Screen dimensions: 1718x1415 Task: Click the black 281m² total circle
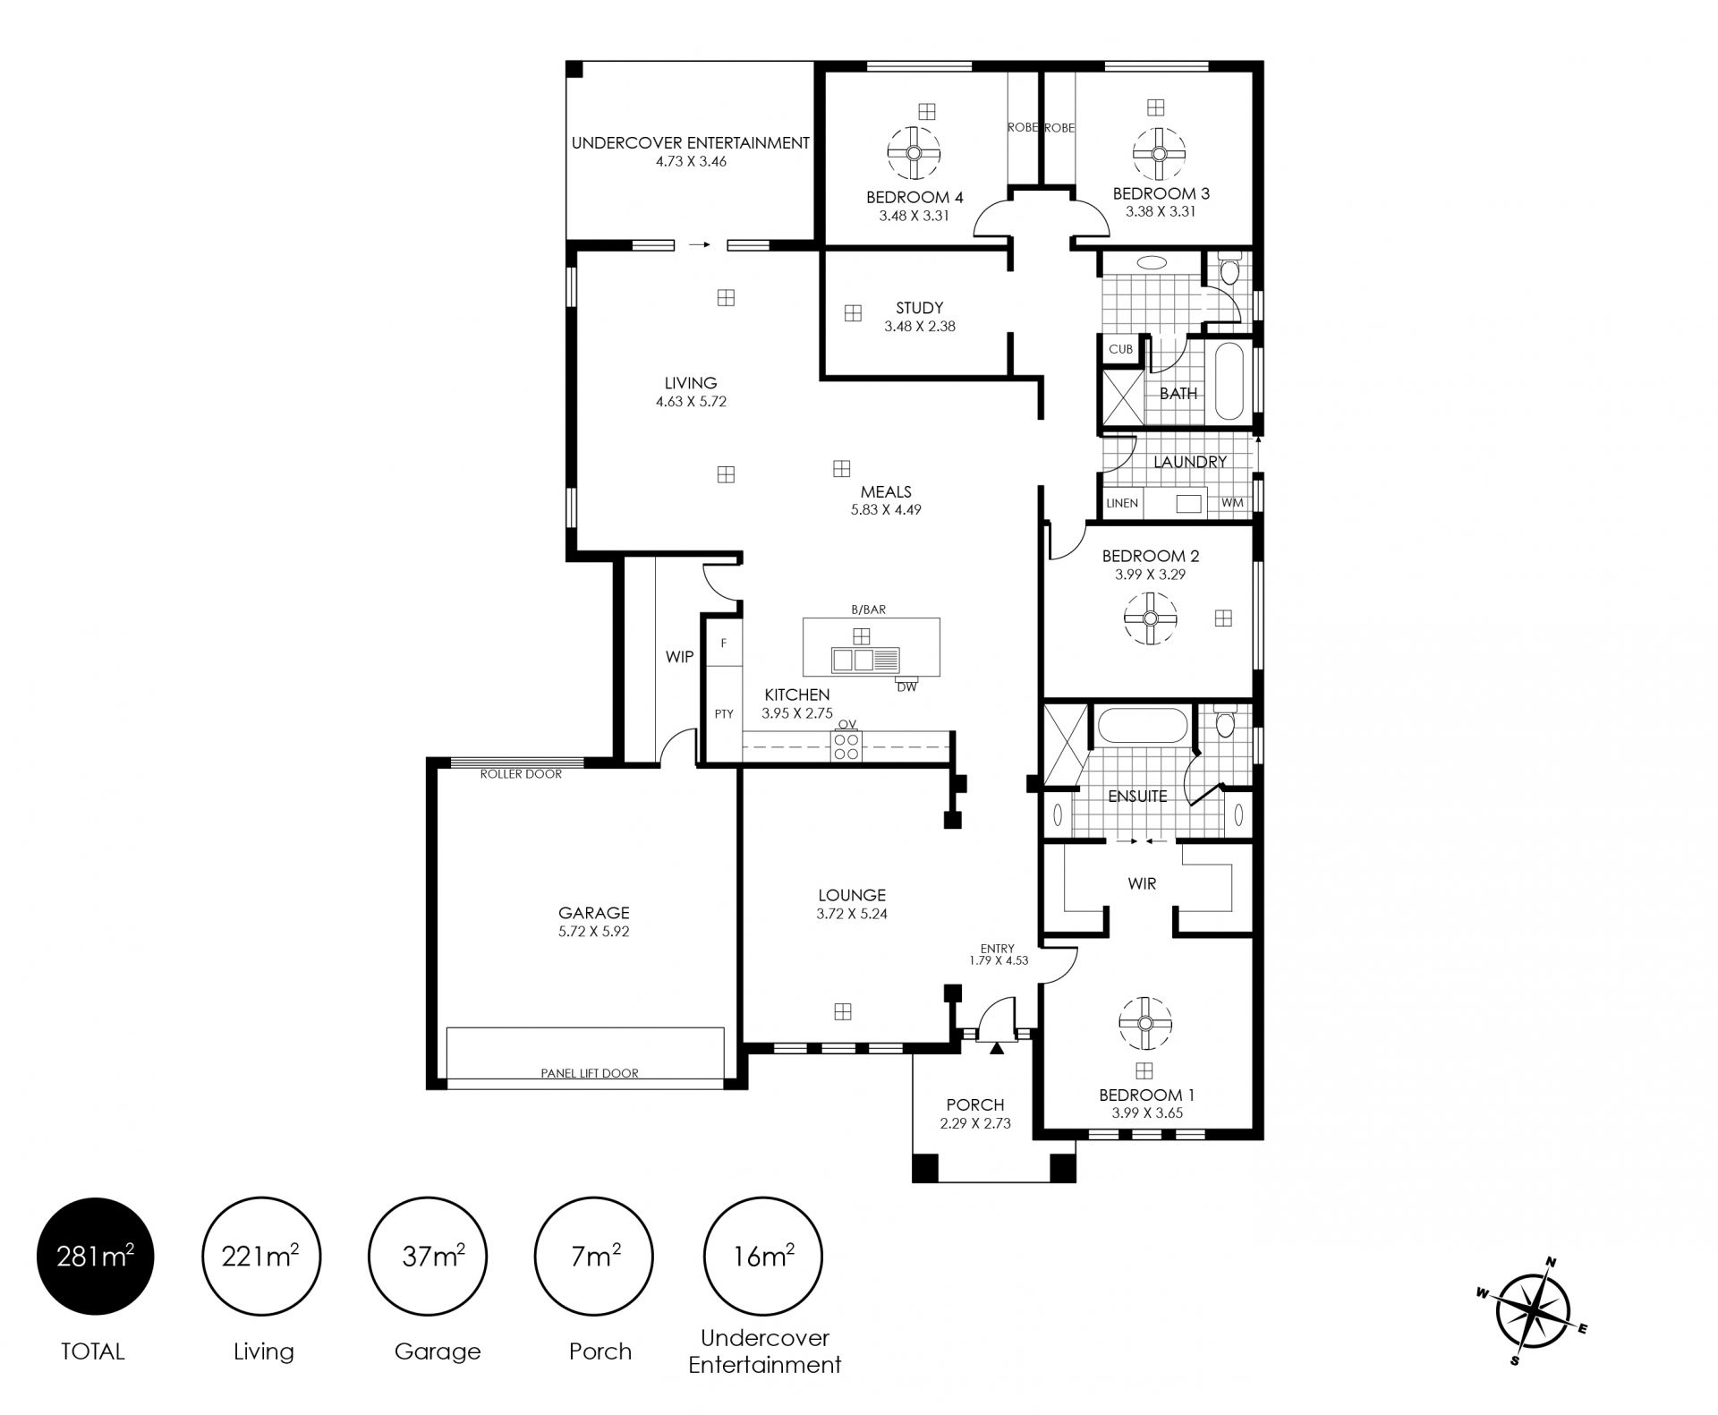click(95, 1257)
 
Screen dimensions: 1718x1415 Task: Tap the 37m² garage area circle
click(428, 1257)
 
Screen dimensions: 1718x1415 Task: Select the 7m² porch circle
click(593, 1257)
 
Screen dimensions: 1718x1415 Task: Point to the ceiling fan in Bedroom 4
click(914, 153)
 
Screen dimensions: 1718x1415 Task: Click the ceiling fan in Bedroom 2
click(1150, 618)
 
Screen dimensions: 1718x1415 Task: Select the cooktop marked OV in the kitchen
click(846, 745)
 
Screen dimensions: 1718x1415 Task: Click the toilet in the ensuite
click(1225, 720)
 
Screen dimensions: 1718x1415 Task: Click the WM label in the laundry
click(1232, 503)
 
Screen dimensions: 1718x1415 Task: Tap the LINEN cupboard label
click(1122, 503)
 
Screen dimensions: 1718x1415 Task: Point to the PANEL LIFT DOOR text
click(590, 1073)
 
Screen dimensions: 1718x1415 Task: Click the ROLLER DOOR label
click(521, 774)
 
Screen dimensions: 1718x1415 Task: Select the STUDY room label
click(919, 308)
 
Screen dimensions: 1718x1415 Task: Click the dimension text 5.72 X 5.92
click(594, 931)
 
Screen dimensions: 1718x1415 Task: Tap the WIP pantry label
click(679, 657)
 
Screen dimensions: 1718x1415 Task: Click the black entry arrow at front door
click(996, 1048)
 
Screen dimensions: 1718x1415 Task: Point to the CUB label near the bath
click(1120, 349)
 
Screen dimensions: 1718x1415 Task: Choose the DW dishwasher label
click(906, 687)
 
